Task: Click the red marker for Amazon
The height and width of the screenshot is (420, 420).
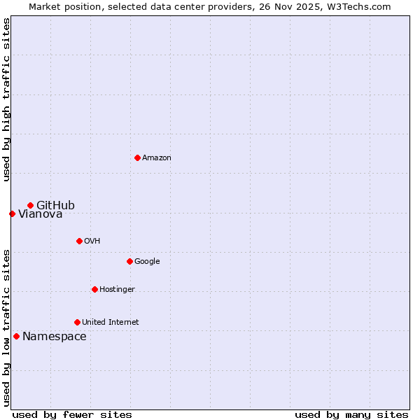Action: [x=137, y=157]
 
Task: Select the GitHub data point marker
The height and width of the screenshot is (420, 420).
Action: [x=30, y=205]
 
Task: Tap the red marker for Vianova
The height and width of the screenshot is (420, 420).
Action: [x=12, y=213]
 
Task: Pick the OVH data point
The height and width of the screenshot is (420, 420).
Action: [x=79, y=241]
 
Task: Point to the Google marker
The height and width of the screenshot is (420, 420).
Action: [x=129, y=261]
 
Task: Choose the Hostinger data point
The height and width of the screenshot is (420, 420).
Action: [x=94, y=289]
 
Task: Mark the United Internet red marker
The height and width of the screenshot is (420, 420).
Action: [x=77, y=322]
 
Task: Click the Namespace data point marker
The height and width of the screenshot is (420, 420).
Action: [x=16, y=336]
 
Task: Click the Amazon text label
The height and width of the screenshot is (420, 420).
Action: [x=157, y=157]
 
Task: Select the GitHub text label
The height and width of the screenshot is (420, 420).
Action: [x=55, y=205]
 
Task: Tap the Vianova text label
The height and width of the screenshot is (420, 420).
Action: [x=41, y=214]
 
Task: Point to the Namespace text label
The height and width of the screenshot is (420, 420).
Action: [x=55, y=337]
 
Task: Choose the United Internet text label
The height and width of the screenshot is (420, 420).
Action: [x=111, y=322]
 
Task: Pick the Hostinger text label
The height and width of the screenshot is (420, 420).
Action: [x=117, y=289]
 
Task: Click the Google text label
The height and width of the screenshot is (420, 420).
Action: [x=147, y=261]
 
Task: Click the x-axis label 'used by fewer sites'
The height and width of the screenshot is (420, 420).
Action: [x=72, y=414]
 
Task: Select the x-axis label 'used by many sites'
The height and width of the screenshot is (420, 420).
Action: [x=351, y=414]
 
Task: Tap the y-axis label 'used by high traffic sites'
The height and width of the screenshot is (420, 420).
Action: [x=6, y=99]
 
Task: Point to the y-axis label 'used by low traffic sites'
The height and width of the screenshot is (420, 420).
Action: [x=6, y=328]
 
